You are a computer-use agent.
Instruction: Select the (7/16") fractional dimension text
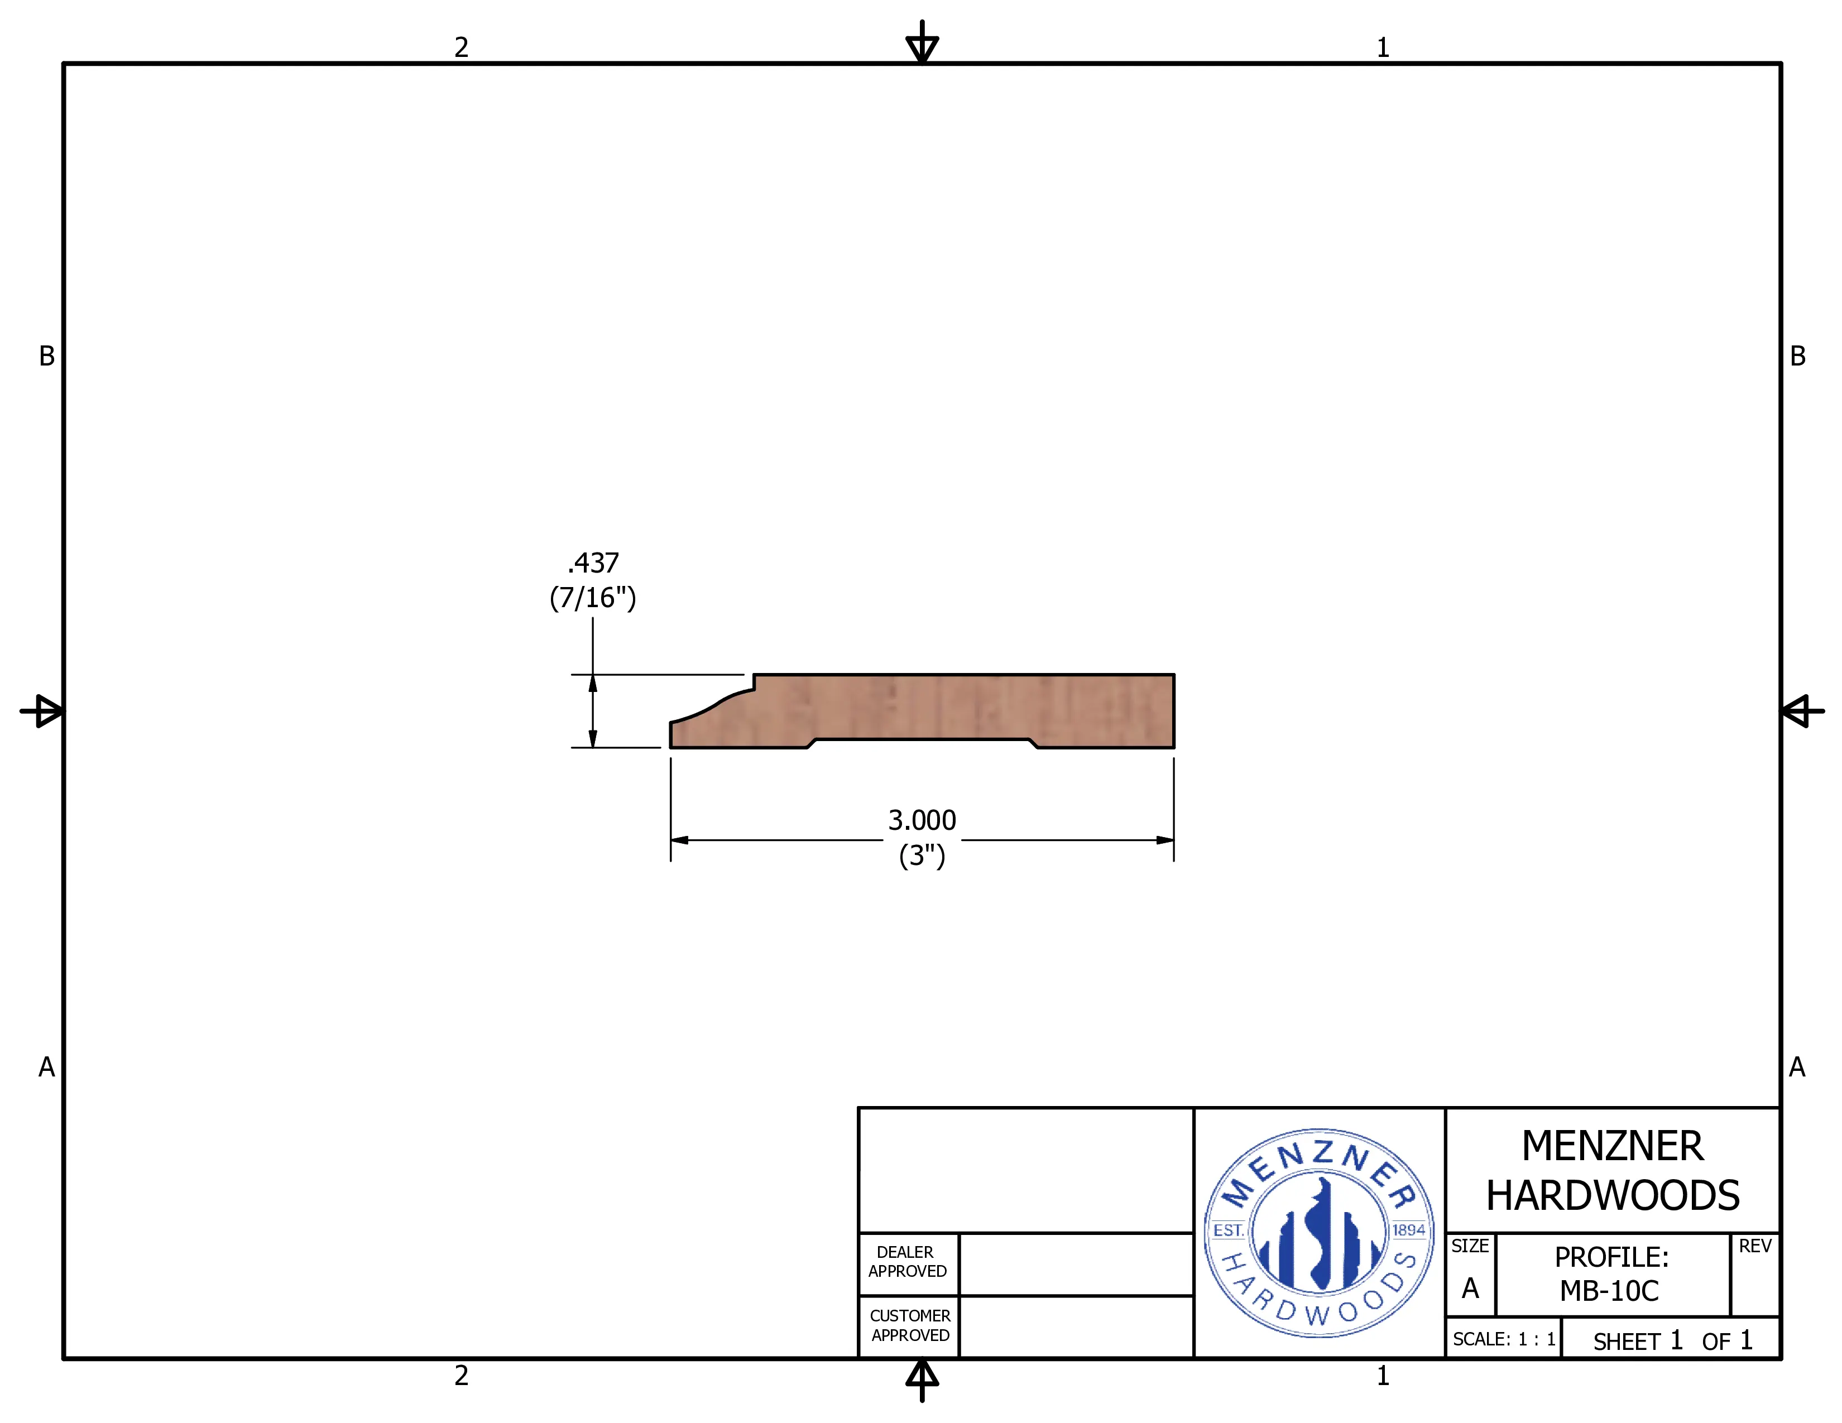593,598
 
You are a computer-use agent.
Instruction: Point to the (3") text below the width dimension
922,855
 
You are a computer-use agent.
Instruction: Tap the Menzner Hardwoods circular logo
1319,1233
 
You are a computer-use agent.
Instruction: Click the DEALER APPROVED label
908,1261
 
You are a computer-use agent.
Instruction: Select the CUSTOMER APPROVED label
910,1325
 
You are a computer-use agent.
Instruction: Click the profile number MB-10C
1609,1291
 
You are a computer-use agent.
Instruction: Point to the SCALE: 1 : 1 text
1504,1339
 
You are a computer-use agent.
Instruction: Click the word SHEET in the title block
1626,1341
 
